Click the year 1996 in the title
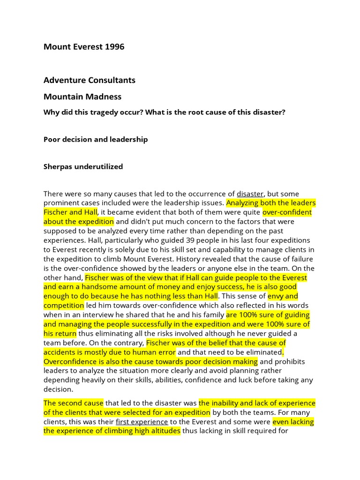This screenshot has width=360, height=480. (114, 47)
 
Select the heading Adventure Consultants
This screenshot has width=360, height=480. (89, 80)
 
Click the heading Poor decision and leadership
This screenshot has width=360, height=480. (96, 139)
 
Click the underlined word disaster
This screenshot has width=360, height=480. (250, 194)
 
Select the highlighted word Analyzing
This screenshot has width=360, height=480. (244, 203)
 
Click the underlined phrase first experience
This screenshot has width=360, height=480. (142, 422)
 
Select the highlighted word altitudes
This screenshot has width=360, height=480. (162, 431)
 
